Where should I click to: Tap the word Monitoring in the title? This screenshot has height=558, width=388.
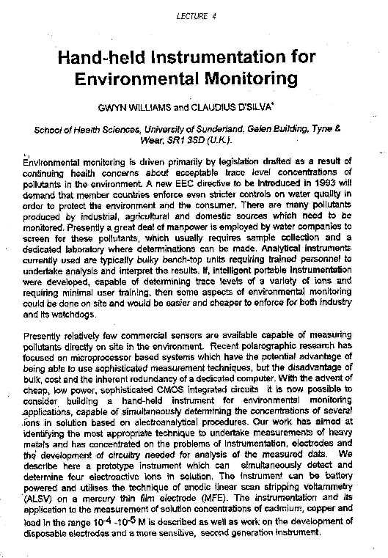click(x=248, y=78)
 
